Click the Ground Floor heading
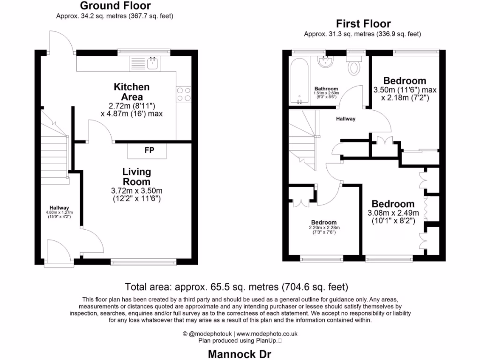[x=115, y=6]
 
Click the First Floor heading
[x=363, y=24]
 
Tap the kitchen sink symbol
[x=152, y=63]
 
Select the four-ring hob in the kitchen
[x=183, y=94]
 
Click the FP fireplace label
[x=147, y=150]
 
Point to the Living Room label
[x=136, y=177]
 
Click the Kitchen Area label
[x=132, y=92]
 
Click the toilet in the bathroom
[x=354, y=67]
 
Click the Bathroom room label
[x=326, y=89]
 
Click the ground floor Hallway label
[x=60, y=208]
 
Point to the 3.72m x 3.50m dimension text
[x=136, y=191]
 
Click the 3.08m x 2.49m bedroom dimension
[x=393, y=213]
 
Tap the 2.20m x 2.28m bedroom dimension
[x=323, y=228]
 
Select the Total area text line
[x=236, y=286]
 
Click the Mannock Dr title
[x=240, y=354]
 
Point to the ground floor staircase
[x=54, y=150]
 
